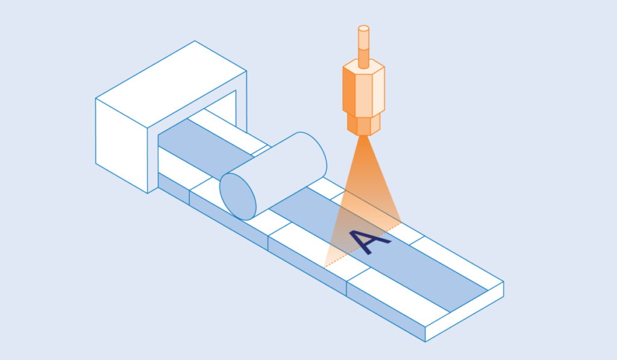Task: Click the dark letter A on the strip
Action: click(x=369, y=241)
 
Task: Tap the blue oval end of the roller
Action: click(x=237, y=197)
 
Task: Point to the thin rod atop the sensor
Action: click(x=363, y=46)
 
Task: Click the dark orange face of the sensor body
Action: click(x=349, y=92)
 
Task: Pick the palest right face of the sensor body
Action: click(x=378, y=92)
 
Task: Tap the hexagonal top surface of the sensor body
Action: click(x=363, y=66)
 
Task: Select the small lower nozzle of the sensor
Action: click(x=363, y=125)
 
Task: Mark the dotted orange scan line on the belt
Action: click(x=362, y=245)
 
